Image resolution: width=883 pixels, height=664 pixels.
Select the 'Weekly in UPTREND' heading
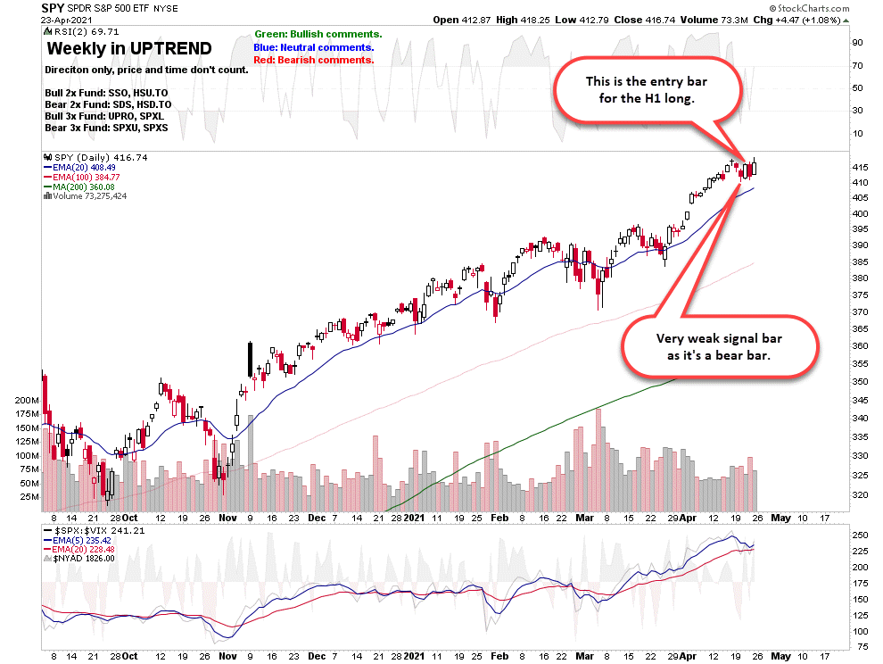pyautogui.click(x=129, y=49)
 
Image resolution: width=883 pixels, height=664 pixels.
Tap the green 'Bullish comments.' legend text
pyautogui.click(x=318, y=34)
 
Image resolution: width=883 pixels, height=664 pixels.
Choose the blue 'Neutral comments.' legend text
pyautogui.click(x=314, y=47)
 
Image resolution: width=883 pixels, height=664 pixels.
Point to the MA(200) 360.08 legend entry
pyautogui.click(x=87, y=187)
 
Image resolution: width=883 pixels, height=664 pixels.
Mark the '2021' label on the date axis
pyautogui.click(x=414, y=517)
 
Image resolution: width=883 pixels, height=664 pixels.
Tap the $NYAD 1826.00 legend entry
pyautogui.click(x=87, y=560)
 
